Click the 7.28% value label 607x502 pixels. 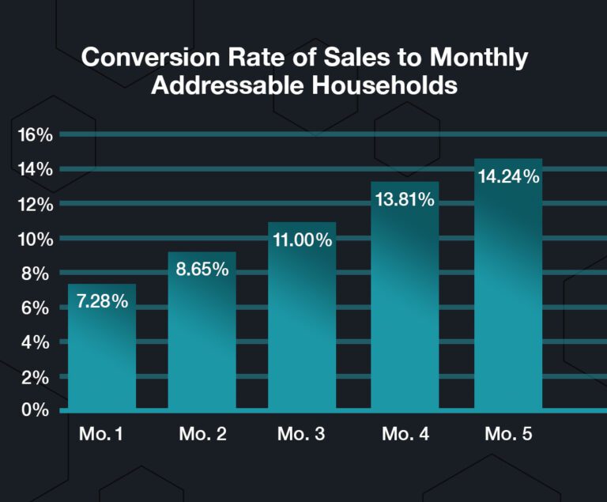[x=102, y=301]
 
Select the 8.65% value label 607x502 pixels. [x=202, y=269]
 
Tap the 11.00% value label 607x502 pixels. [x=302, y=240]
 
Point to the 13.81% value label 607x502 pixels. [x=405, y=200]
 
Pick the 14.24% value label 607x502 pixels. [x=509, y=176]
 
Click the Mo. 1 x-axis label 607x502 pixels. [x=102, y=434]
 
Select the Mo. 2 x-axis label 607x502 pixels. [x=202, y=434]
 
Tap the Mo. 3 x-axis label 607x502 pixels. [x=302, y=434]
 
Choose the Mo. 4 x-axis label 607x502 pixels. [x=405, y=434]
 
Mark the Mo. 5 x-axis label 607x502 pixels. [x=509, y=434]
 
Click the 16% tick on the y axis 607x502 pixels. [x=36, y=135]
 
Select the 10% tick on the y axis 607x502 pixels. [x=36, y=239]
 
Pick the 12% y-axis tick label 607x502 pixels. [x=36, y=204]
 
